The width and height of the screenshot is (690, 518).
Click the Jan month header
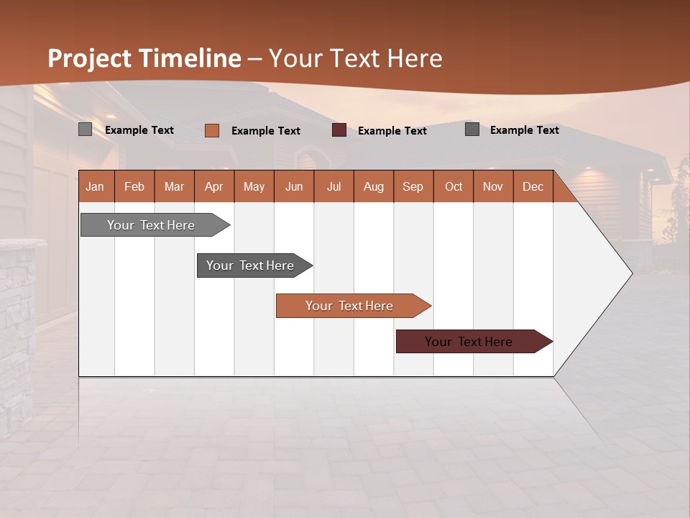click(96, 186)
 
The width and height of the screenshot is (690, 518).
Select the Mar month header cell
click(174, 186)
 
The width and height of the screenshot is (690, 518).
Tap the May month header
click(254, 186)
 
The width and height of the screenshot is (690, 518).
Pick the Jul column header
click(333, 186)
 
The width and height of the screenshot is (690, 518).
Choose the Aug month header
click(373, 186)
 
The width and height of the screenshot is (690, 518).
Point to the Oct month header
click(453, 186)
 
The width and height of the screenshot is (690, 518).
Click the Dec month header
click(533, 186)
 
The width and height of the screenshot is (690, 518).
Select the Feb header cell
click(134, 186)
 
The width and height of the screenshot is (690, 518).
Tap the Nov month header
click(492, 186)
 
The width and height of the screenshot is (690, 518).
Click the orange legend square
click(211, 130)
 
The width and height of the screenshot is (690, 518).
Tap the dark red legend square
click(339, 130)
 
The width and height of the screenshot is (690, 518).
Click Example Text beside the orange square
click(265, 131)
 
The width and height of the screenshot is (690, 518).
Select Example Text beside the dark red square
click(392, 131)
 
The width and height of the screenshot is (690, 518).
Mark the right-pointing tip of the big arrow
click(630, 273)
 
